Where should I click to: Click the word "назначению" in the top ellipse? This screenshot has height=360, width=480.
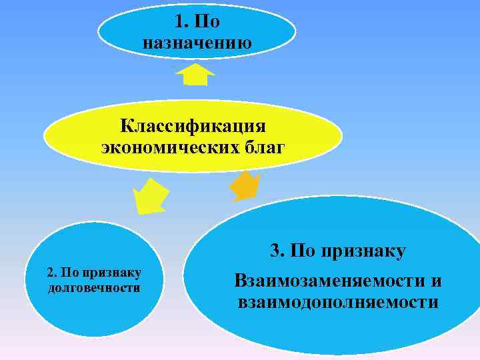point(197,44)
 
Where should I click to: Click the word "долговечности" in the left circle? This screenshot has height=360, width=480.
point(94,288)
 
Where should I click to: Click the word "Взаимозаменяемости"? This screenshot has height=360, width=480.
point(327,281)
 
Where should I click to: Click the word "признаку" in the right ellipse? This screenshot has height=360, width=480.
point(363,251)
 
